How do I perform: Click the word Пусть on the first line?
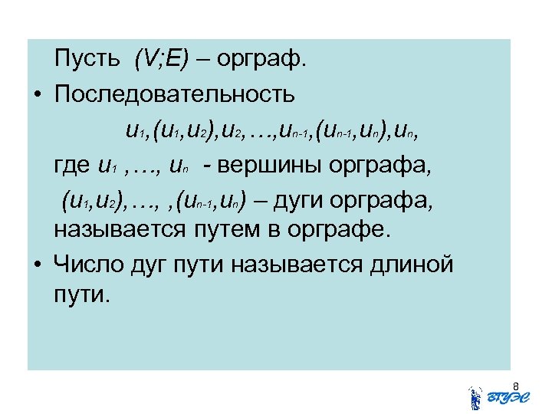pyautogui.click(x=87, y=58)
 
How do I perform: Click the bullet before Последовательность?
pyautogui.click(x=37, y=95)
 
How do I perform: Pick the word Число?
pyautogui.click(x=88, y=264)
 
